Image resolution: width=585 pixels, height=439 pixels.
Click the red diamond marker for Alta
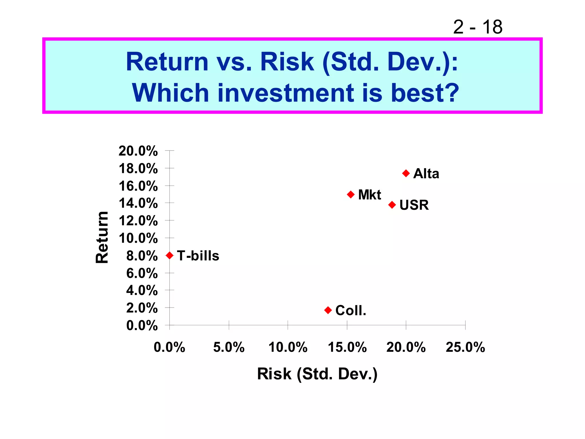(406, 173)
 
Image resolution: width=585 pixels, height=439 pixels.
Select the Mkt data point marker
(351, 195)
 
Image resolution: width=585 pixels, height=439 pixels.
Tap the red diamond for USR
(392, 205)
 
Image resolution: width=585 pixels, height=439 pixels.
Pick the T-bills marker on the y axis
(170, 255)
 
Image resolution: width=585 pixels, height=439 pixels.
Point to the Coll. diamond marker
(328, 310)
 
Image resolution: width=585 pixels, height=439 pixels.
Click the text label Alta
(426, 173)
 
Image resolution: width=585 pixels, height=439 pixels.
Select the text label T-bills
(198, 256)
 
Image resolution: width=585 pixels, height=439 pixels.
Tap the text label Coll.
(350, 310)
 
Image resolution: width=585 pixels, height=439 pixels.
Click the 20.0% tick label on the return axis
(138, 151)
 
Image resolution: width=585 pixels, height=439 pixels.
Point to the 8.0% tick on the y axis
(142, 256)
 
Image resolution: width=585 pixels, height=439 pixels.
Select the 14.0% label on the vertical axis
(138, 203)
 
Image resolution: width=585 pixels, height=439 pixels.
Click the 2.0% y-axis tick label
(142, 308)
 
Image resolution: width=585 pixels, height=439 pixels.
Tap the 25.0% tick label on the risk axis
(465, 347)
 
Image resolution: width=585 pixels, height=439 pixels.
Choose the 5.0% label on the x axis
(229, 347)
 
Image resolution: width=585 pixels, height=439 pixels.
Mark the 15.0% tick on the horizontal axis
(347, 347)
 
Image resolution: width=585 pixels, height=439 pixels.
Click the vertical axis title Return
(102, 237)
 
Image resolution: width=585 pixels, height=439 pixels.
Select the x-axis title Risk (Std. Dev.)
(317, 374)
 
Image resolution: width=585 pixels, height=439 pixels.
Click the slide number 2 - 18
(478, 27)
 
